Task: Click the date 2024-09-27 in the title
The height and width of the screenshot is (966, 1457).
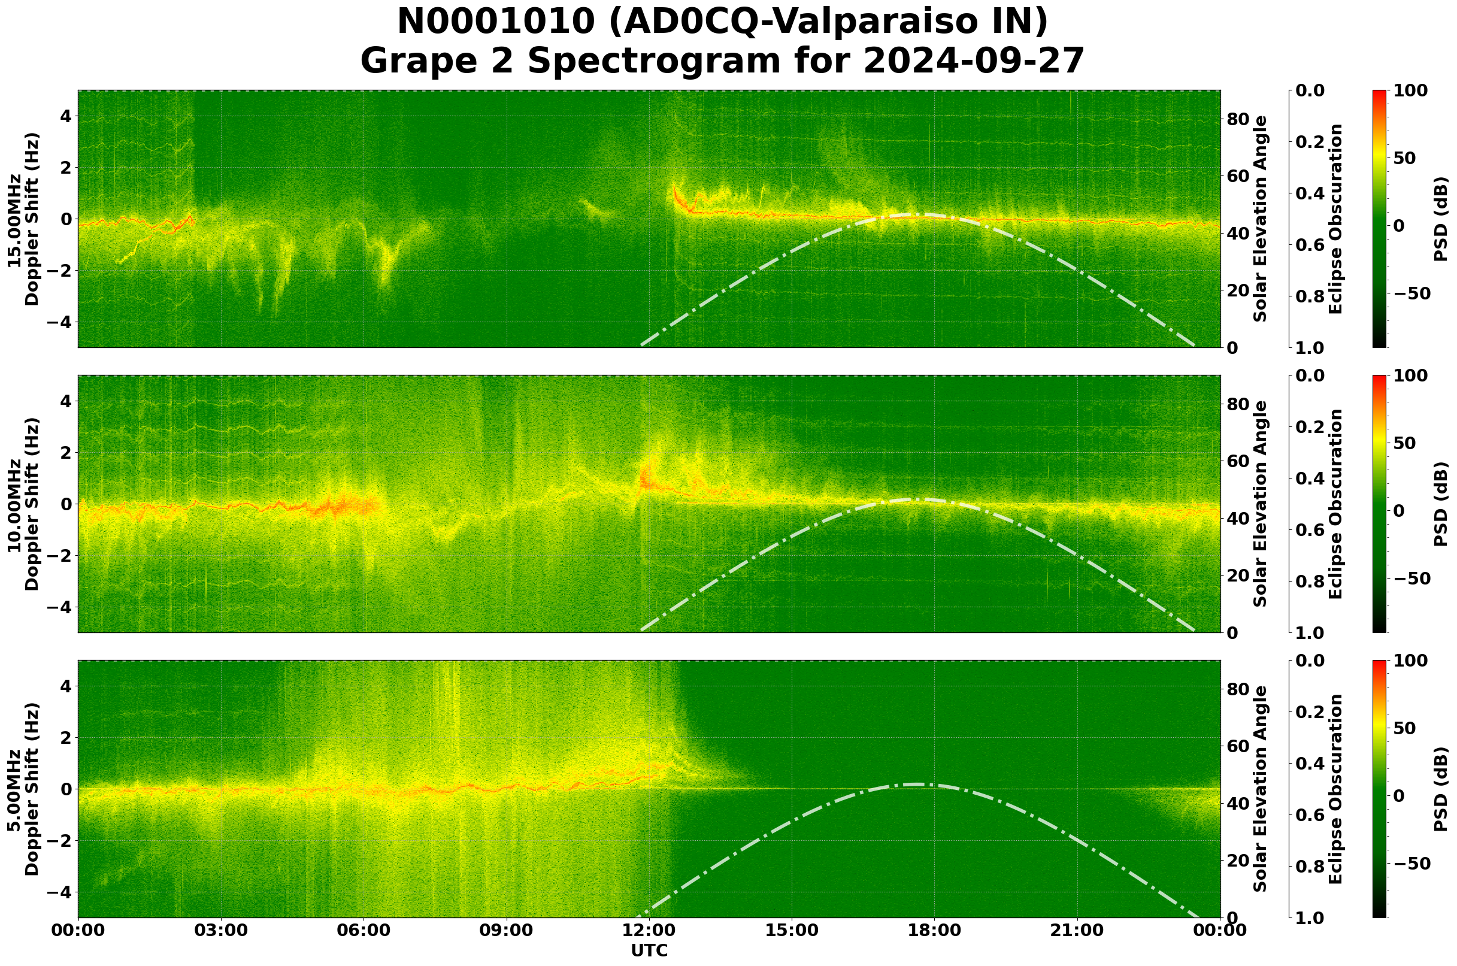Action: [x=974, y=61]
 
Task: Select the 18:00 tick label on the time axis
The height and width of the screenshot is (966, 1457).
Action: [x=935, y=930]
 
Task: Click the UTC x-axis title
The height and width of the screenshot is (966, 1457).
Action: [x=649, y=950]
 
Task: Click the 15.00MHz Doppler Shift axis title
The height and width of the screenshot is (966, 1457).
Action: [x=23, y=219]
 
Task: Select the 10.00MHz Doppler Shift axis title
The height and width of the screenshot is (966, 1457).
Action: [x=23, y=504]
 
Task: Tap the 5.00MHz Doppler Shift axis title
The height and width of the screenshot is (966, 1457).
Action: [x=23, y=789]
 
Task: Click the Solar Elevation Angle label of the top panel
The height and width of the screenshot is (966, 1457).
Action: [x=1261, y=219]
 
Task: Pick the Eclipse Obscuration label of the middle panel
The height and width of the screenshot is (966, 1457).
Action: [x=1335, y=504]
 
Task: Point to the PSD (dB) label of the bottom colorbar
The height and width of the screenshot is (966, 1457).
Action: [x=1441, y=789]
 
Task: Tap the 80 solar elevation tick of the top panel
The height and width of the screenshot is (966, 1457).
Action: [x=1238, y=119]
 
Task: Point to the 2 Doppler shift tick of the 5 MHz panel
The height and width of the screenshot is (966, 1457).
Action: [x=65, y=737]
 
